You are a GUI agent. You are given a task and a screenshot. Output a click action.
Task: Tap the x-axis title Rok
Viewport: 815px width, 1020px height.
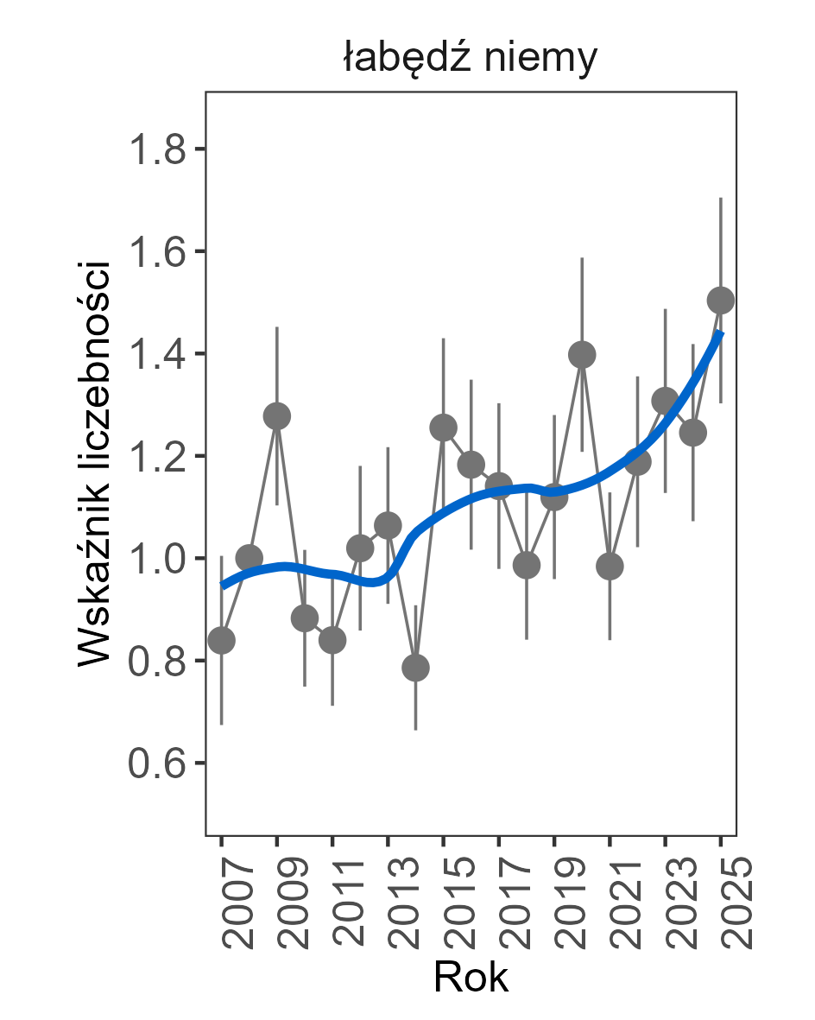tap(471, 977)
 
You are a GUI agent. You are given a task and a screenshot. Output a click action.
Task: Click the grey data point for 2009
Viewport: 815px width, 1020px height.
tap(277, 415)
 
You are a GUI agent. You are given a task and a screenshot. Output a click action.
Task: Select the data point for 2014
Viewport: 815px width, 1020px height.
tap(415, 668)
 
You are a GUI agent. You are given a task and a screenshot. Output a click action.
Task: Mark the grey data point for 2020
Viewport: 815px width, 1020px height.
tap(582, 354)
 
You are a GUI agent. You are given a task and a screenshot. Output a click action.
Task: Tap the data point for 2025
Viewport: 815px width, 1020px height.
tap(721, 301)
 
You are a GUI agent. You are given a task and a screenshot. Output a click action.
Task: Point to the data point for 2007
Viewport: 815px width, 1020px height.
tap(222, 640)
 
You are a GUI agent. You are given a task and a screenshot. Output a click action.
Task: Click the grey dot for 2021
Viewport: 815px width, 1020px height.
tap(610, 567)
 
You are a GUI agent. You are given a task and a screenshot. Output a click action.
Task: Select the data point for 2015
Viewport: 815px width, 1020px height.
tap(444, 427)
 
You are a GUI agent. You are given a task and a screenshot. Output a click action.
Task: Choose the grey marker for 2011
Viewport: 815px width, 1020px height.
tap(332, 640)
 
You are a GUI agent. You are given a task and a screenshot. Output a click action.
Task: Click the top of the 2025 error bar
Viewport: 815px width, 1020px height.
tap(721, 199)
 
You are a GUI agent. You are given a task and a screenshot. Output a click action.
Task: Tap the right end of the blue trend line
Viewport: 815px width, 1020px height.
tap(721, 333)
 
